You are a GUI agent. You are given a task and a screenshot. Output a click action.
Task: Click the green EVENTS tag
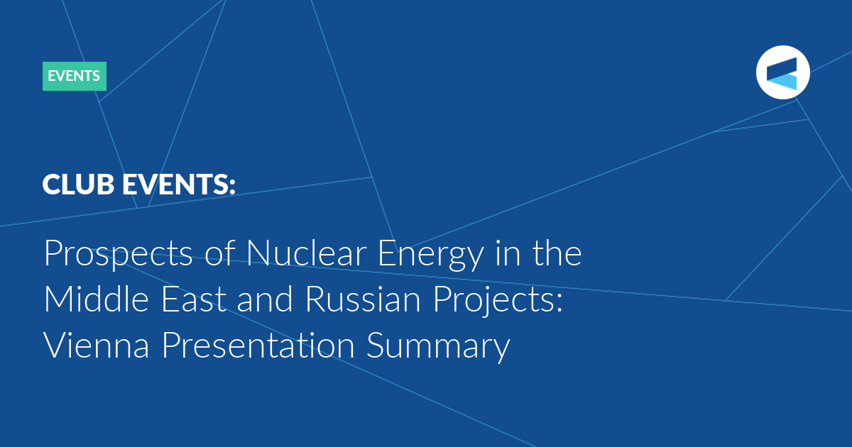(x=75, y=76)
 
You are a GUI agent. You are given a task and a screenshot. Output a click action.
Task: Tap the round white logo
(x=782, y=72)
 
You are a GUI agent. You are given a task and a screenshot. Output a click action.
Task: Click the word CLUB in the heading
(x=78, y=184)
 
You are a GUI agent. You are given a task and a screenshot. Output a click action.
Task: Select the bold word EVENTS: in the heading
(x=179, y=184)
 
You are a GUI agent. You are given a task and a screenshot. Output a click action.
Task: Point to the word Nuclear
(x=307, y=253)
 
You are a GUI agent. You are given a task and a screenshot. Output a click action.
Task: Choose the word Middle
(x=97, y=299)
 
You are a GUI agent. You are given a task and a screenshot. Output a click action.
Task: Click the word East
(x=194, y=299)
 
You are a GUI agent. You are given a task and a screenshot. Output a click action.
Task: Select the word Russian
(x=364, y=299)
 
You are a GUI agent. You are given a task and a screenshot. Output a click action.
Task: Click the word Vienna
(x=97, y=345)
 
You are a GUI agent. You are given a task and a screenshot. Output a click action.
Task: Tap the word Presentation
(x=258, y=345)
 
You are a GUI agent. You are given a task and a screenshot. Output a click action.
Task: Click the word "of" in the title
(x=220, y=253)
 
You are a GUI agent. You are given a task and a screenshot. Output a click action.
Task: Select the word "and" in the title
(x=265, y=299)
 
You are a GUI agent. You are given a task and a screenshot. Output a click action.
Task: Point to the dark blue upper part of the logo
(x=782, y=69)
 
